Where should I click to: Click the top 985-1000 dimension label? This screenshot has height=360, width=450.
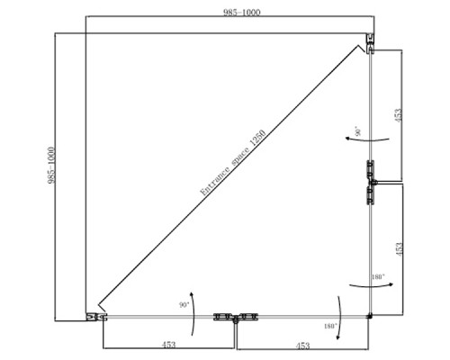(242, 13)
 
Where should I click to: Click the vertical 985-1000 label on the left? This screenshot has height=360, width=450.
(51, 165)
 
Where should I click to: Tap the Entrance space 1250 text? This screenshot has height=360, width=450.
(233, 163)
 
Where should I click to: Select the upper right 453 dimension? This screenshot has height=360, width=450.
(398, 115)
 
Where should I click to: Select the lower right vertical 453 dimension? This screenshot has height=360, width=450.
(399, 249)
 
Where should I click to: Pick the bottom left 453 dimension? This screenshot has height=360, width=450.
(168, 345)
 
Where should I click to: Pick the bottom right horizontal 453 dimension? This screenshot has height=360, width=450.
(302, 346)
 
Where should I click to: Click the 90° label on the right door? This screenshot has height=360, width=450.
(358, 131)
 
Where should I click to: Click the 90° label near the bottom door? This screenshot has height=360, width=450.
(184, 305)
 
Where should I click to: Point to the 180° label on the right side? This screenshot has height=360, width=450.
(378, 276)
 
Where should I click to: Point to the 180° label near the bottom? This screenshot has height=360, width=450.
(330, 326)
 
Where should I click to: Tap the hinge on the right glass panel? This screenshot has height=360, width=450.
(371, 183)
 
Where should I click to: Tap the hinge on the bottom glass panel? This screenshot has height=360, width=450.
(236, 318)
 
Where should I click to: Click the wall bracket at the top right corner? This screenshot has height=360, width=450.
(371, 43)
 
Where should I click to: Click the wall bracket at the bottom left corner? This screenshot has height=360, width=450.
(96, 317)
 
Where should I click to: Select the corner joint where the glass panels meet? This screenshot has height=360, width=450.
(370, 316)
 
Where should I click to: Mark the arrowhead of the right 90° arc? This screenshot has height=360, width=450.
(347, 139)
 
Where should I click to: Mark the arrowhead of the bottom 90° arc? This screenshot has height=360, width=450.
(191, 293)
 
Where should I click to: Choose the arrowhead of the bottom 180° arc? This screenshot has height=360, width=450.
(337, 337)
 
